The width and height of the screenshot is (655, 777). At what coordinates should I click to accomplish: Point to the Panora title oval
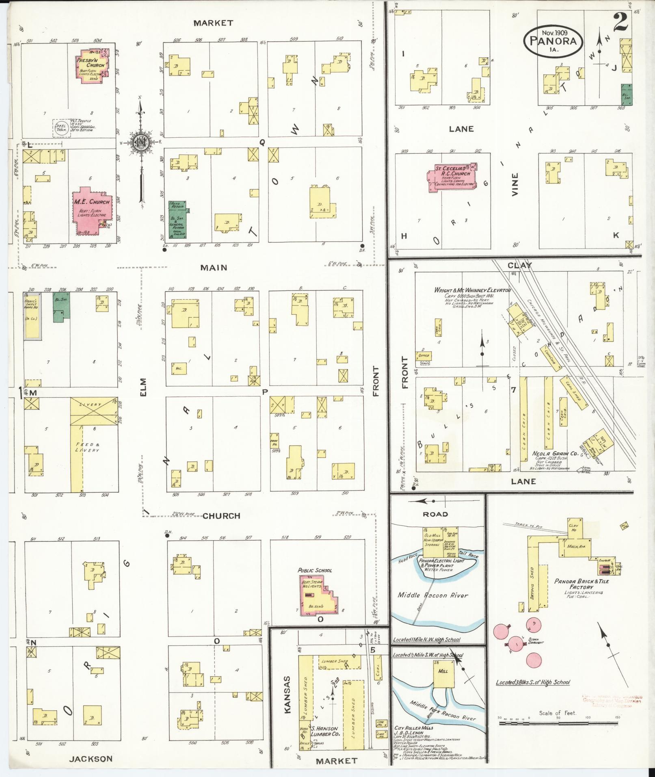pos(553,41)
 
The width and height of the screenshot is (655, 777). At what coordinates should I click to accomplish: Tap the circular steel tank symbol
pos(60,127)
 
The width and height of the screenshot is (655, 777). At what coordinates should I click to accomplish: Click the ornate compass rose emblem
pos(141,142)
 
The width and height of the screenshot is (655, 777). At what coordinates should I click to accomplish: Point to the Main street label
pos(213,268)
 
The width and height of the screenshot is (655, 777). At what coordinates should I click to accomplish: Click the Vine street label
pos(515,185)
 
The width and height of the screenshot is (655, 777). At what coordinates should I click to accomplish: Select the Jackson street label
pos(90,758)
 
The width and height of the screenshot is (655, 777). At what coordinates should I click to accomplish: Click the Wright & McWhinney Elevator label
pos(472,290)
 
